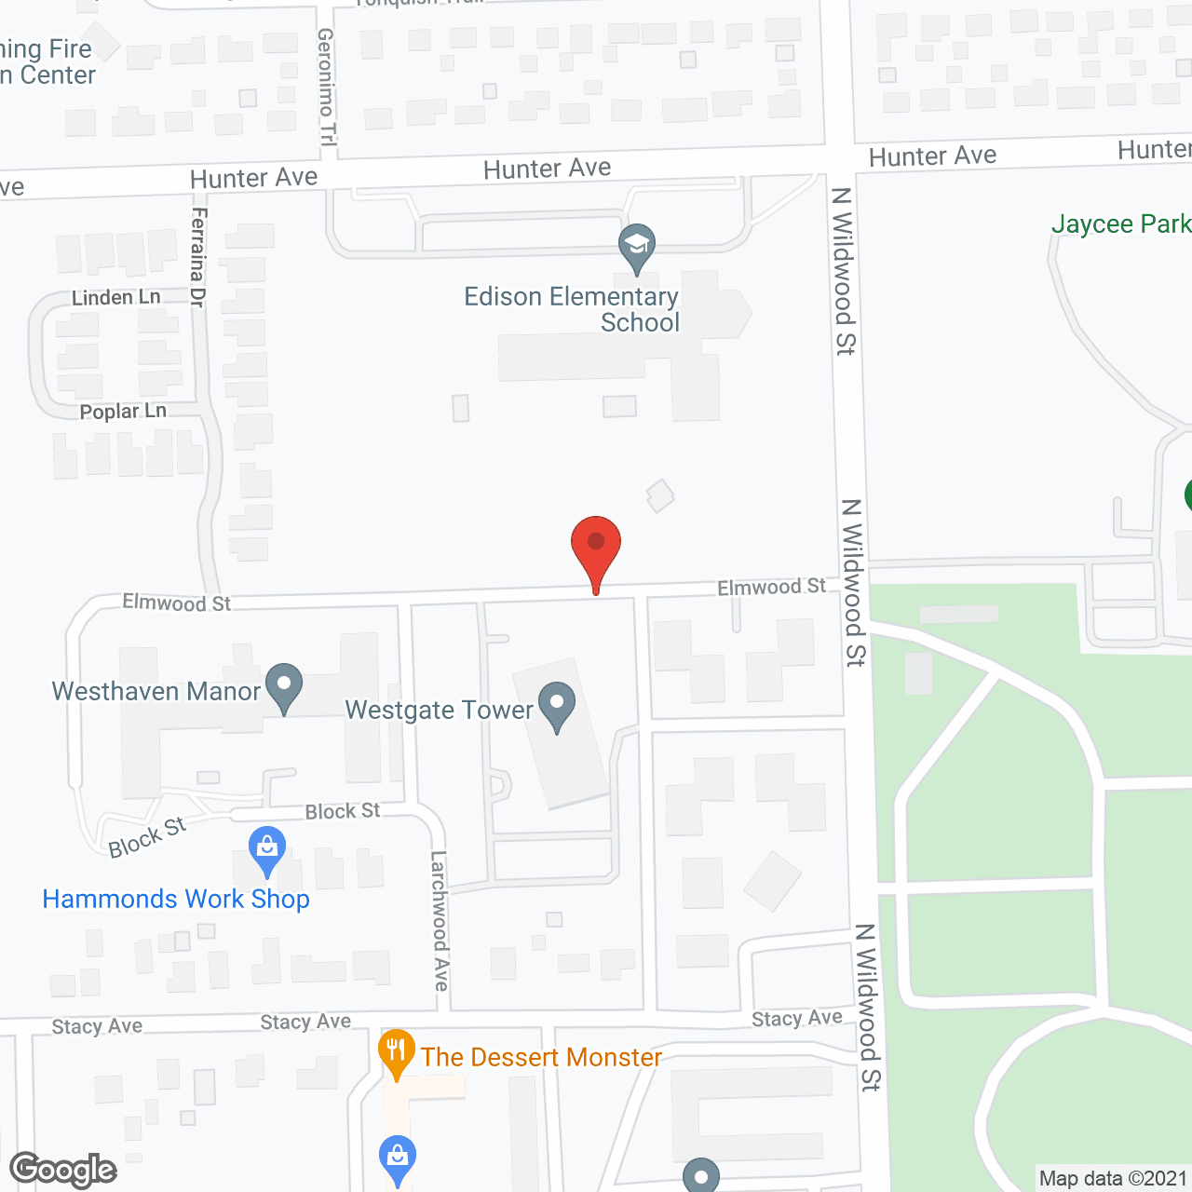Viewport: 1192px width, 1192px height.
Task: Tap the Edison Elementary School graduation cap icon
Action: (637, 246)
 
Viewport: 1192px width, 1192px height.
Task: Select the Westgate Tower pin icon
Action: (557, 705)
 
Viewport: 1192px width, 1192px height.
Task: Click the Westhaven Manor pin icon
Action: (284, 686)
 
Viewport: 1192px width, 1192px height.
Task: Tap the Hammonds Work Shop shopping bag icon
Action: (267, 849)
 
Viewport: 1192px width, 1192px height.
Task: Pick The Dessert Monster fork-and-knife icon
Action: (397, 1051)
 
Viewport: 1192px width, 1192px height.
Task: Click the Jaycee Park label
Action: (1120, 223)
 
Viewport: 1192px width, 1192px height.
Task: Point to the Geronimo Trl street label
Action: (326, 87)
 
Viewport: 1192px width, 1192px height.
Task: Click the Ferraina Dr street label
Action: (198, 257)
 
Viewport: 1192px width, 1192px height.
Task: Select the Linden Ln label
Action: (116, 298)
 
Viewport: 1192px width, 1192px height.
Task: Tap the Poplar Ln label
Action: (123, 412)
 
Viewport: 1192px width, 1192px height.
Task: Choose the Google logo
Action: (63, 1170)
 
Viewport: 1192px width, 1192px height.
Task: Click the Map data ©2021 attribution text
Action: (1113, 1178)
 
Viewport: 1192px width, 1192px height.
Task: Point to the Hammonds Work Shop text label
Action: (176, 899)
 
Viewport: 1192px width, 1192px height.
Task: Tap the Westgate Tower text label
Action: (439, 710)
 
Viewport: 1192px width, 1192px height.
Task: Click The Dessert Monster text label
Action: (541, 1057)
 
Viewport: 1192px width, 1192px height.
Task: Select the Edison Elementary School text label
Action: (572, 309)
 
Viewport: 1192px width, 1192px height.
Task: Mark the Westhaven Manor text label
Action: (156, 691)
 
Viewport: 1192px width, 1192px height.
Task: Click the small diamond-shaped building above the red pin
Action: (660, 495)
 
